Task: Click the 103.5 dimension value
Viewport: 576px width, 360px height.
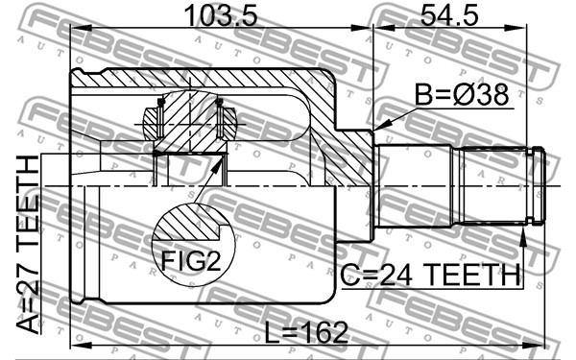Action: tap(221, 15)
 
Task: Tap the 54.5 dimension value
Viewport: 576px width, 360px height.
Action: tap(449, 15)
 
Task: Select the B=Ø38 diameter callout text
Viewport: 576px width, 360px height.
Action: tap(462, 95)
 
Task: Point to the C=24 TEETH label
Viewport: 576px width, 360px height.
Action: tap(430, 275)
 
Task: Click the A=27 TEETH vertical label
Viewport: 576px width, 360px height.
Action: tap(28, 244)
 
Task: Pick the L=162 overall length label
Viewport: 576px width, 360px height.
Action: tap(306, 332)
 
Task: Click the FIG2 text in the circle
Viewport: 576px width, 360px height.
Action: tap(191, 261)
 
